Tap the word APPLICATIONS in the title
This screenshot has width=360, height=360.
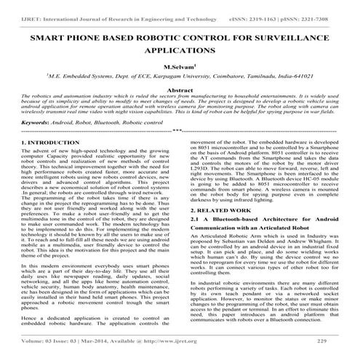[x=180, y=52]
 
